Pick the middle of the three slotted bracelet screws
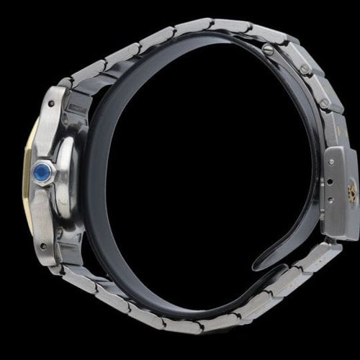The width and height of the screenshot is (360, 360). pos(305,69)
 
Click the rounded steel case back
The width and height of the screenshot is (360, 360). pos(67,176)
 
